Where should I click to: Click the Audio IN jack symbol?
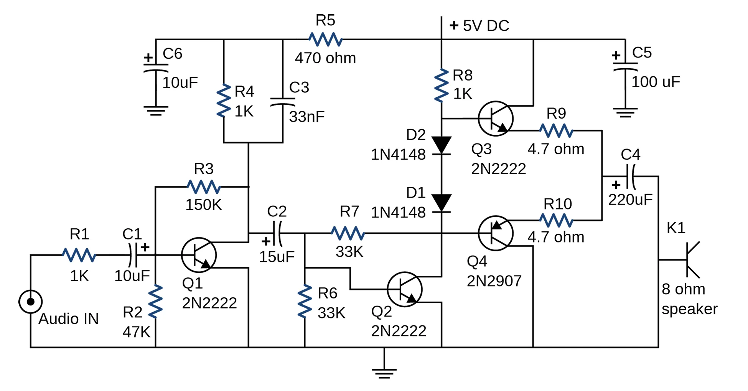tap(31, 302)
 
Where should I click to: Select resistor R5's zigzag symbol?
tap(325, 39)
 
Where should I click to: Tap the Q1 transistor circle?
tap(199, 255)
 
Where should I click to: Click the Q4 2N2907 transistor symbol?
tap(496, 233)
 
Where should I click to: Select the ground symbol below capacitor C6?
tap(156, 111)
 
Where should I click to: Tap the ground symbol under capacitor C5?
tap(625, 112)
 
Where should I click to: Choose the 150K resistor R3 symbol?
tap(204, 187)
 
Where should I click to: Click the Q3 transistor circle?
tap(496, 119)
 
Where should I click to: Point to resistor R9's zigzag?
tap(556, 131)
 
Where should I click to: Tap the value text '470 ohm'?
tap(325, 58)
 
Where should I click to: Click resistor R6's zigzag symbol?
tap(305, 301)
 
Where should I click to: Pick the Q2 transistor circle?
tap(405, 289)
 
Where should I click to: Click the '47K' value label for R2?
tap(137, 332)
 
